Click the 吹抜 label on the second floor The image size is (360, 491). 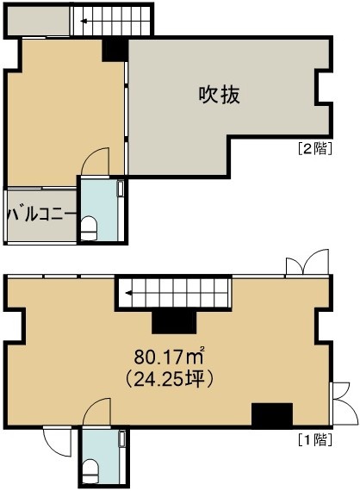[x=220, y=95]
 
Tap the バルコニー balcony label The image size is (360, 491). [x=41, y=214]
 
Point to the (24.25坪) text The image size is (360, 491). [x=170, y=379]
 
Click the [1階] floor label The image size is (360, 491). [x=314, y=440]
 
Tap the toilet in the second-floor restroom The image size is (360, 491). [x=90, y=227]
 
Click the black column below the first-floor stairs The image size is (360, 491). [x=174, y=323]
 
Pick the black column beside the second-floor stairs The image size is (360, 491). [x=115, y=49]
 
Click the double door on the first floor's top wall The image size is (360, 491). [x=307, y=263]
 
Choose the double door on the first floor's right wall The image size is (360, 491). [x=344, y=403]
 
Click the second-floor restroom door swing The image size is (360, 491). [x=95, y=161]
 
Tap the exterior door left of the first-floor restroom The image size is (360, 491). [x=57, y=442]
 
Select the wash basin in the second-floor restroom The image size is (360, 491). [x=121, y=189]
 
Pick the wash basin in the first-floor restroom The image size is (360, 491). [x=122, y=438]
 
